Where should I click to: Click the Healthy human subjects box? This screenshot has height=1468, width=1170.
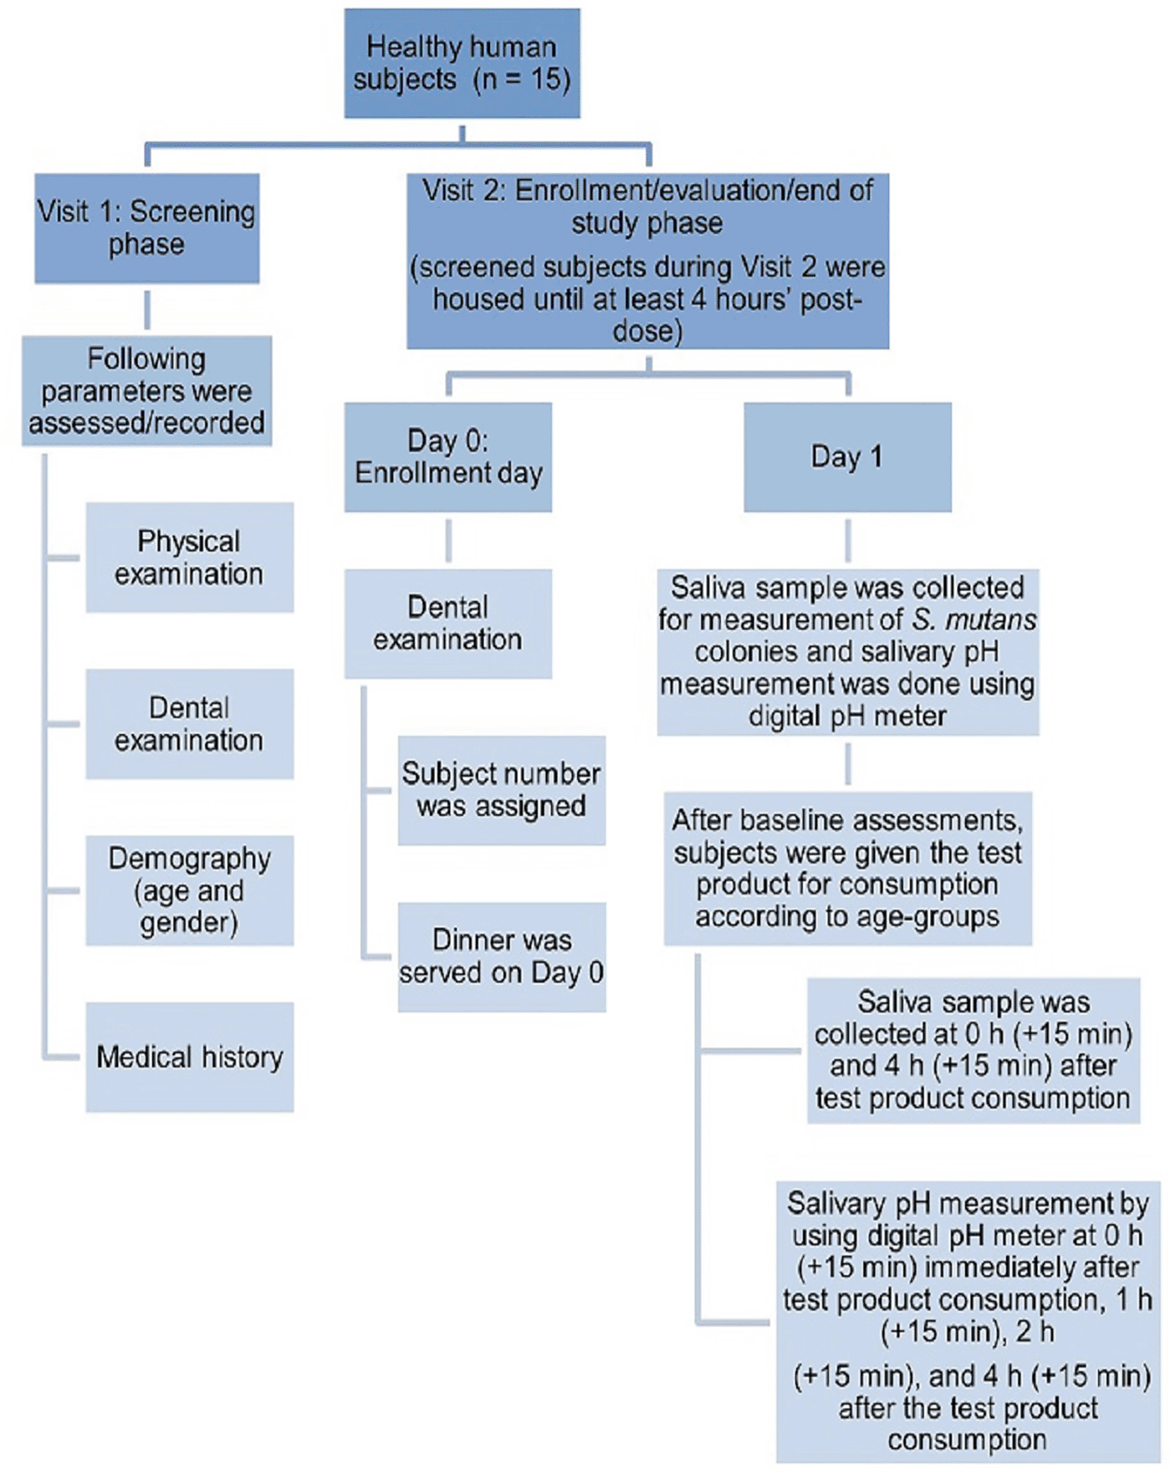(462, 63)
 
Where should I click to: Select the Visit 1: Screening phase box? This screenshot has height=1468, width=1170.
(147, 228)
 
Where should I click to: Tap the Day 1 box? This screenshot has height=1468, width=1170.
(847, 457)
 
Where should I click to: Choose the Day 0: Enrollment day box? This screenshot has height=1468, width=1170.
(448, 457)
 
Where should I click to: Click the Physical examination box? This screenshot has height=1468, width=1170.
(190, 557)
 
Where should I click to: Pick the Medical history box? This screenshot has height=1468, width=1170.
(190, 1056)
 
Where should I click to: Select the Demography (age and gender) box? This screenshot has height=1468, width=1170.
(190, 890)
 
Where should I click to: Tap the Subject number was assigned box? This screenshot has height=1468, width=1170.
(502, 790)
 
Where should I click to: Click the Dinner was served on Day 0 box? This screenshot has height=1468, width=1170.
(502, 957)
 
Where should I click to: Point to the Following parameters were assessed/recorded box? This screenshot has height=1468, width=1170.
(146, 390)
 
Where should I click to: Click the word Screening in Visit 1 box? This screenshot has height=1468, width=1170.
(192, 211)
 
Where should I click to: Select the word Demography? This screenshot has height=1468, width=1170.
(190, 858)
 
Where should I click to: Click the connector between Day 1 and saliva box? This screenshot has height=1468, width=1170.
(847, 540)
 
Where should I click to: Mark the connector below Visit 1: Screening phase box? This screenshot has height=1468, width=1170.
(147, 310)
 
